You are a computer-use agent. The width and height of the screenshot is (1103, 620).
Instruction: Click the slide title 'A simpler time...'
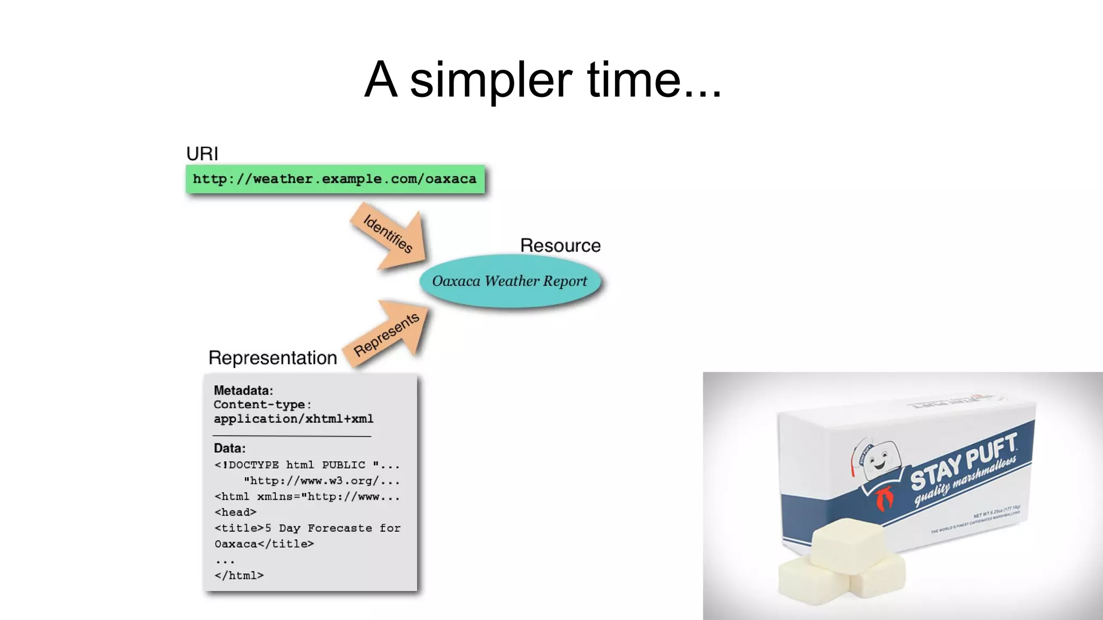click(x=543, y=80)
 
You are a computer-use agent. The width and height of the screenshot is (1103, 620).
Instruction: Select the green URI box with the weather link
click(x=335, y=179)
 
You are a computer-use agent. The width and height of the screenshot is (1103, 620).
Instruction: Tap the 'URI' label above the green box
click(x=202, y=153)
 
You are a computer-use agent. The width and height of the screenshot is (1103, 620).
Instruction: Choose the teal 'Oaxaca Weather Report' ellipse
click(x=509, y=281)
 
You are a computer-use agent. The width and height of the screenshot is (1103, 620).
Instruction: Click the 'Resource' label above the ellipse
click(x=560, y=245)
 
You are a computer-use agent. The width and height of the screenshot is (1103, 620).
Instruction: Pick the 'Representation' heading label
click(x=273, y=358)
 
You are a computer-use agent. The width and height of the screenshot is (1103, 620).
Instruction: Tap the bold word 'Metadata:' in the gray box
click(x=243, y=390)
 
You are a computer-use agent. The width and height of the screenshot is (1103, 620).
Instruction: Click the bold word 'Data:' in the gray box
click(x=229, y=448)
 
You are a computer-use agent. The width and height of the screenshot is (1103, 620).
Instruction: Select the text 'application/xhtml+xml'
click(x=294, y=419)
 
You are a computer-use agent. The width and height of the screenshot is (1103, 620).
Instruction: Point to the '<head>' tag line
click(x=235, y=512)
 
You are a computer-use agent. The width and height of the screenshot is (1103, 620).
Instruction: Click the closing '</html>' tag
click(x=239, y=575)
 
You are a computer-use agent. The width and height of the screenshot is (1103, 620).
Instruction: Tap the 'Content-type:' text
click(x=262, y=404)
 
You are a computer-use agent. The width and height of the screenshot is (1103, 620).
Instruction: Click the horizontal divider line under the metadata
click(x=292, y=435)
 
